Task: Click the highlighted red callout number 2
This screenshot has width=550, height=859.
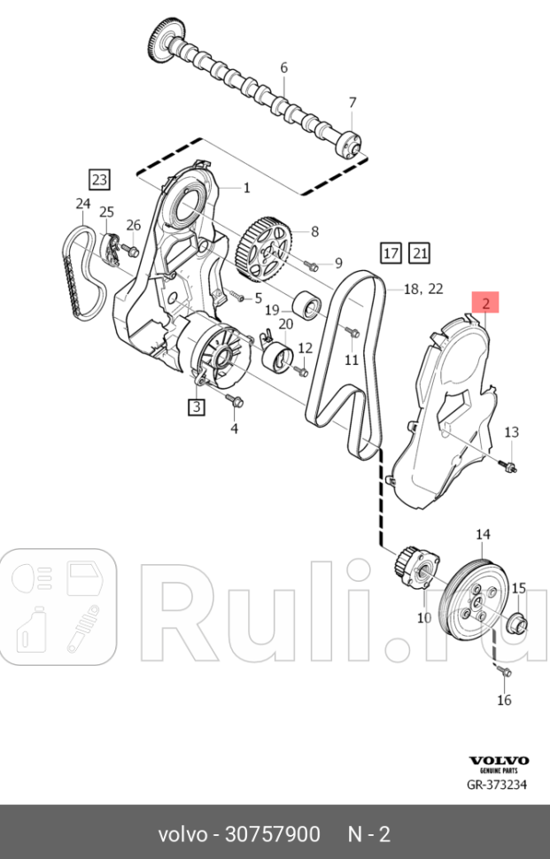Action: pos(486,302)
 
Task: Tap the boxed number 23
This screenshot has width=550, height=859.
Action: pos(100,179)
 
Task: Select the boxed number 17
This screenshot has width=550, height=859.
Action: pos(391,253)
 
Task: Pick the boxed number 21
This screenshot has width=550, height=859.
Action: pos(420,253)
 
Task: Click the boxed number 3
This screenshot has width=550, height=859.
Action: pos(197,406)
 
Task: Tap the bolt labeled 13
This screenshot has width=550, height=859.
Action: pos(509,467)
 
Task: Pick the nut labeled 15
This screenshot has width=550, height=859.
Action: pos(518,623)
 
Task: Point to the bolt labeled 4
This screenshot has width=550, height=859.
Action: pos(235,401)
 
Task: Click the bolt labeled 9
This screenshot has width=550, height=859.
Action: pos(312,267)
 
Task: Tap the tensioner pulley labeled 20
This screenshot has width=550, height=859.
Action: pos(280,357)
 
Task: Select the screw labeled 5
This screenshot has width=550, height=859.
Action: pos(236,296)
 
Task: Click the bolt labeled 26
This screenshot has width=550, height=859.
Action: pos(131,252)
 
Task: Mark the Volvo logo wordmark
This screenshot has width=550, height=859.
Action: pos(499,761)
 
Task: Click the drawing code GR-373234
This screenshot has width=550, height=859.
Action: pos(497,785)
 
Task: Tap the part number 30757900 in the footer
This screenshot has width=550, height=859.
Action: pos(273,834)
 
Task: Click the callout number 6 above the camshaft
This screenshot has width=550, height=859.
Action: pos(283,68)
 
